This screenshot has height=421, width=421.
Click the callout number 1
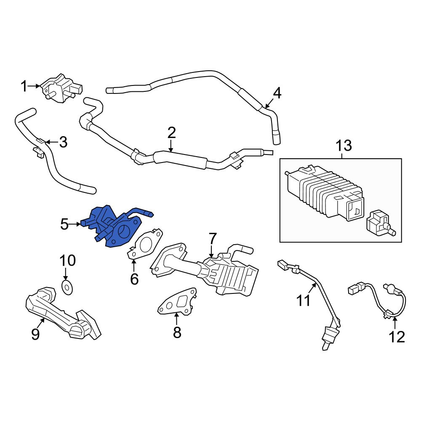point(24,86)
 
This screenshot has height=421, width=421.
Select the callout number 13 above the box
point(344,146)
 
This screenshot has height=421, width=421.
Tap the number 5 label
point(64,224)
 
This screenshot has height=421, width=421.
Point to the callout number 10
point(67,261)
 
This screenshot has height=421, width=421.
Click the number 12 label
point(397,337)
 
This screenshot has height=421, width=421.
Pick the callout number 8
point(177,333)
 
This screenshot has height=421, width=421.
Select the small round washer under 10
point(67,287)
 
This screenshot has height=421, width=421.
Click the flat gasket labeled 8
point(177,302)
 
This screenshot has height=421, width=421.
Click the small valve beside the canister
point(380,224)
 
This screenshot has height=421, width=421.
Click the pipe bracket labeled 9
point(64,313)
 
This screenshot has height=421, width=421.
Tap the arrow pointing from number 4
point(269,104)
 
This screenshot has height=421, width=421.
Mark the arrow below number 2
point(171,147)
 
